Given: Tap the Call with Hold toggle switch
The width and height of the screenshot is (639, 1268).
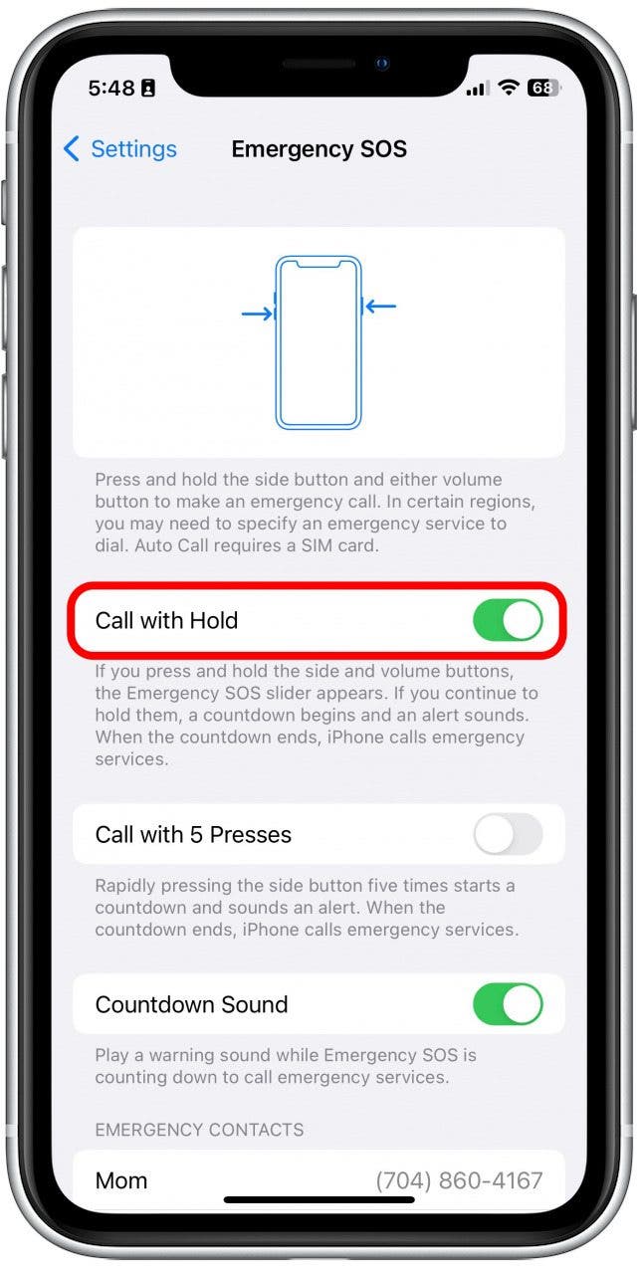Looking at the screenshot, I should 508,620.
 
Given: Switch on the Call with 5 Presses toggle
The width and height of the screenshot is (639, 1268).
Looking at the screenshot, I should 508,834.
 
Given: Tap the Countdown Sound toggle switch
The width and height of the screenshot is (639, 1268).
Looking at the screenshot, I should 508,1004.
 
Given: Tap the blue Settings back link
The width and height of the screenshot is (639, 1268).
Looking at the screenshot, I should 132,149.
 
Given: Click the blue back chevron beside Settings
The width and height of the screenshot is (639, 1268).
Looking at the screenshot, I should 71,149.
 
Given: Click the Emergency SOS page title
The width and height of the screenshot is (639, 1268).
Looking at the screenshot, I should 319,149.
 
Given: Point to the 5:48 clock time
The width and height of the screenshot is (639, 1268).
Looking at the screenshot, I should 110,88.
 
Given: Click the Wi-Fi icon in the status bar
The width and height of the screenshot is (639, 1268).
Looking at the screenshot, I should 509,88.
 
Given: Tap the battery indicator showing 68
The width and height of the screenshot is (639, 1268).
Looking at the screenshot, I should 542,88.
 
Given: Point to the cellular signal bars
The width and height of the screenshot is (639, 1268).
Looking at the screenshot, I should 478,89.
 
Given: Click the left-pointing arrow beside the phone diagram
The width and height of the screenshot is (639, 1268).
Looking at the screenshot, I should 380,307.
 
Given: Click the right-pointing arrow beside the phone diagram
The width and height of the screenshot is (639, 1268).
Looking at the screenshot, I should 257,314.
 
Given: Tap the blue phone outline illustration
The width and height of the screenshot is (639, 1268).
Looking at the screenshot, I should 319,342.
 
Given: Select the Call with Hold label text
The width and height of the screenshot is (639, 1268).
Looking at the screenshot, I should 166,620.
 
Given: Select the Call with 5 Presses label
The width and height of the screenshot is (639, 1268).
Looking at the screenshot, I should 193,834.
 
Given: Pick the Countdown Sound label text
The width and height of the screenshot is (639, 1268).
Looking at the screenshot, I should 191,1004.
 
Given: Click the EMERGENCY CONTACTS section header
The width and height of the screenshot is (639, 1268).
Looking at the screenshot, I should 199,1130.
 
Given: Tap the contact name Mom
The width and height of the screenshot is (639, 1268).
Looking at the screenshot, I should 121,1180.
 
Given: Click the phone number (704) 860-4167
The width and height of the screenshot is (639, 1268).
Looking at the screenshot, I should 459,1180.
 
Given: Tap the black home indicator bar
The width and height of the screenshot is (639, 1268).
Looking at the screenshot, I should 319,1200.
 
